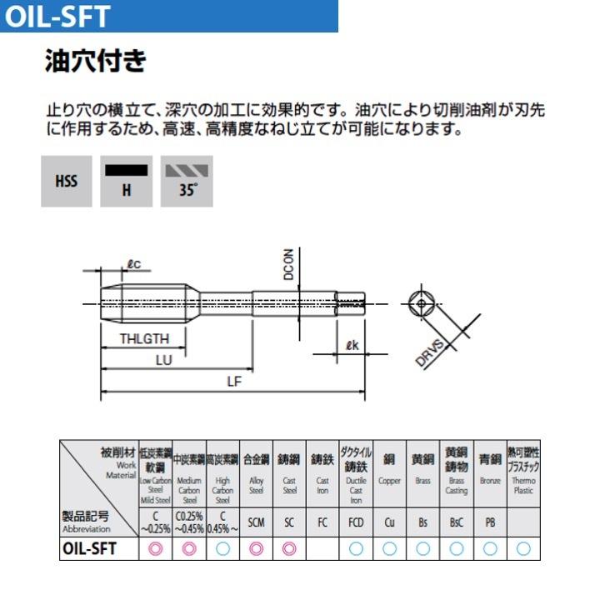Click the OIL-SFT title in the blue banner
pyautogui.click(x=57, y=16)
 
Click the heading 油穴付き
pyautogui.click(x=95, y=62)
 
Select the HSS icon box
pyautogui.click(x=67, y=181)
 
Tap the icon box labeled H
pyautogui.click(x=127, y=181)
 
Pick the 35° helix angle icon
pyautogui.click(x=187, y=181)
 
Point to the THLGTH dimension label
pyautogui.click(x=143, y=339)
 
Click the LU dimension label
pyautogui.click(x=163, y=361)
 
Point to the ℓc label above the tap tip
pyautogui.click(x=133, y=265)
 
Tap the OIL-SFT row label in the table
pyautogui.click(x=89, y=548)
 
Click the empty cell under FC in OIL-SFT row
pyautogui.click(x=322, y=548)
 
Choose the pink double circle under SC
pyautogui.click(x=289, y=548)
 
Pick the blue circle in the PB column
pyautogui.click(x=490, y=548)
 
